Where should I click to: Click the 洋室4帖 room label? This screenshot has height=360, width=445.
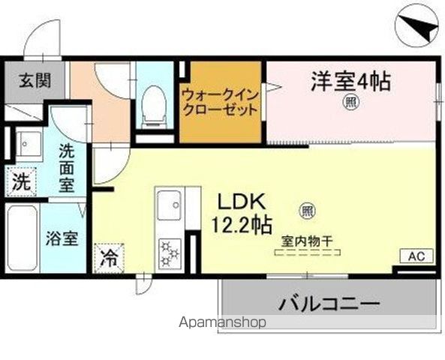click(x=351, y=80)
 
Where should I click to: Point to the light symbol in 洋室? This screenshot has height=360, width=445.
click(x=350, y=103)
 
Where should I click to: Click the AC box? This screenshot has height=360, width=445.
click(x=416, y=256)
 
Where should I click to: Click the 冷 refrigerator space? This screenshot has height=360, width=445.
click(x=109, y=259)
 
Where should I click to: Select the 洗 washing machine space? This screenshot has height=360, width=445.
click(x=23, y=181)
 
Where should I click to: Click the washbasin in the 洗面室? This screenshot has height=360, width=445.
click(x=29, y=142)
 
